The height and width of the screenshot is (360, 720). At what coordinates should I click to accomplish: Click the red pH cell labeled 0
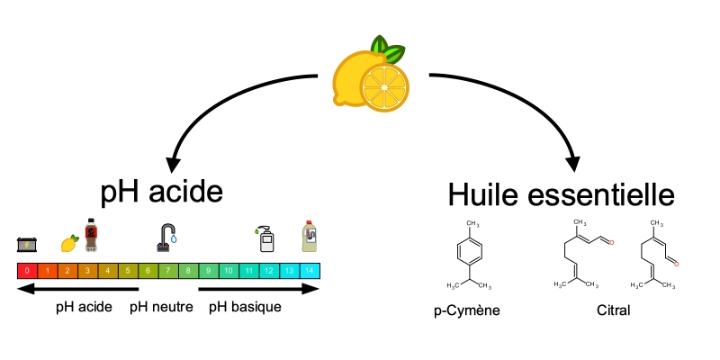point(28,270)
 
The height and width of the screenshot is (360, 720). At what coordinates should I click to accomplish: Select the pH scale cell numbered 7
point(168,270)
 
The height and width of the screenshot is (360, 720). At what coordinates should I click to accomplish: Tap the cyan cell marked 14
point(310,270)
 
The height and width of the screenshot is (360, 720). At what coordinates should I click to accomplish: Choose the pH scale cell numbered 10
point(229,270)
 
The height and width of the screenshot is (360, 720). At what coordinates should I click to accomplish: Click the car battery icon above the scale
point(27,244)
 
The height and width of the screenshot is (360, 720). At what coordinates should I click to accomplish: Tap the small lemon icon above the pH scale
point(68,243)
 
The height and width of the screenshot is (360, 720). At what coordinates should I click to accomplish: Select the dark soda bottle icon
point(90,235)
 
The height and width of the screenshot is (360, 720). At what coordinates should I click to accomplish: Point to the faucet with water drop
point(168,238)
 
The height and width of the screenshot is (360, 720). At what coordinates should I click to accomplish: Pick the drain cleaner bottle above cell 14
point(309,236)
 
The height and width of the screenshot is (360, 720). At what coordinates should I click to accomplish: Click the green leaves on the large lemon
point(388,47)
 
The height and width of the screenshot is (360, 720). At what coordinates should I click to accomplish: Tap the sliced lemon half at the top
point(384,88)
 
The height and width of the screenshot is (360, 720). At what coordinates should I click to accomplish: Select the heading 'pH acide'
point(161,192)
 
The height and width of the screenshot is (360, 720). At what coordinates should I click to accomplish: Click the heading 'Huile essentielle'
point(561,194)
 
